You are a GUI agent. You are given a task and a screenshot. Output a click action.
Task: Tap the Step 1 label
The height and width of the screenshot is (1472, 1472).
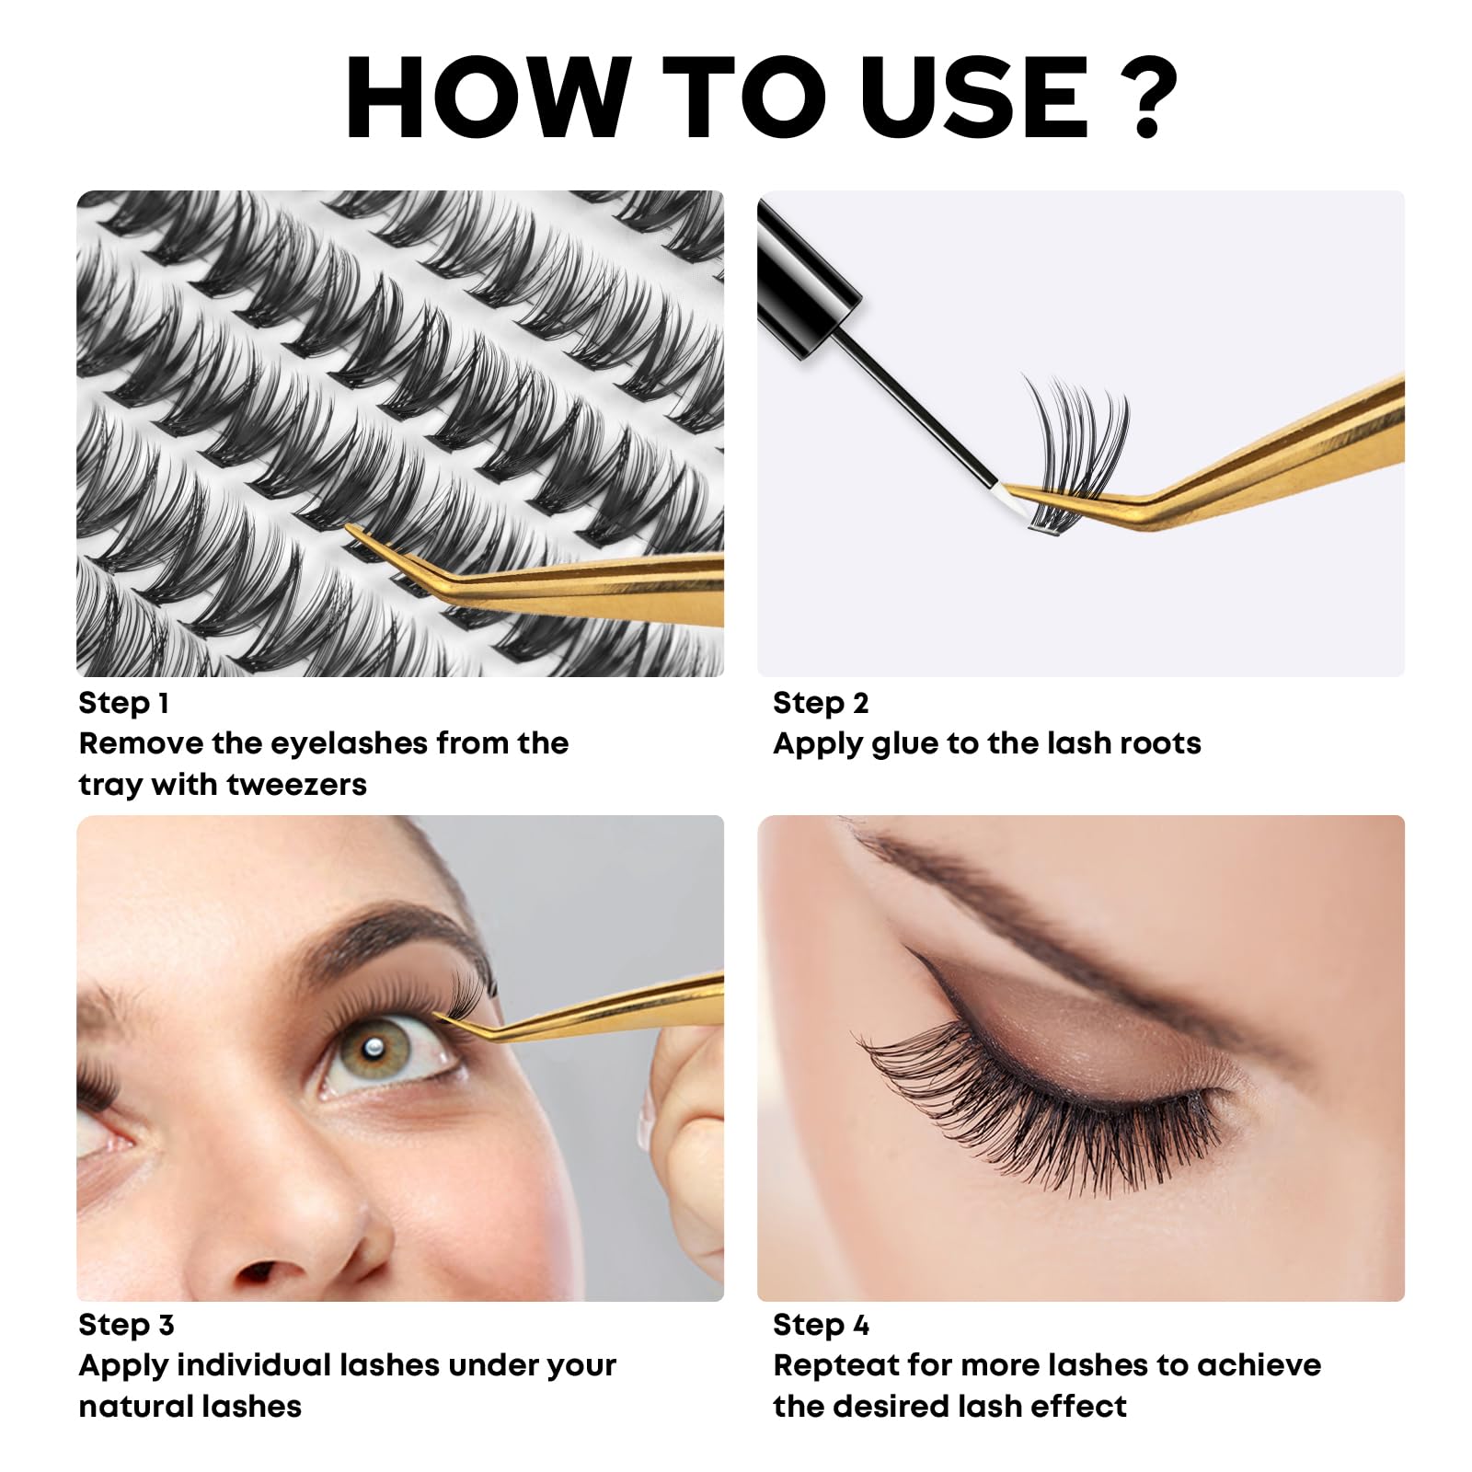tap(123, 704)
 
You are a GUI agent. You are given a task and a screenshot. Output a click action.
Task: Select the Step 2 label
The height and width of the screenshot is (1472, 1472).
tap(821, 704)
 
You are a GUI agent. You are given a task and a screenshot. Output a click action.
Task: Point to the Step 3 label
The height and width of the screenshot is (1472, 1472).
tap(126, 1326)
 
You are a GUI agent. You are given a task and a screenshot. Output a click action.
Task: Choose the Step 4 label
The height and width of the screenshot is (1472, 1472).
tap(821, 1326)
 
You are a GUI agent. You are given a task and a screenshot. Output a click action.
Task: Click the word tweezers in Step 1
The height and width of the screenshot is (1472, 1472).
tap(296, 785)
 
